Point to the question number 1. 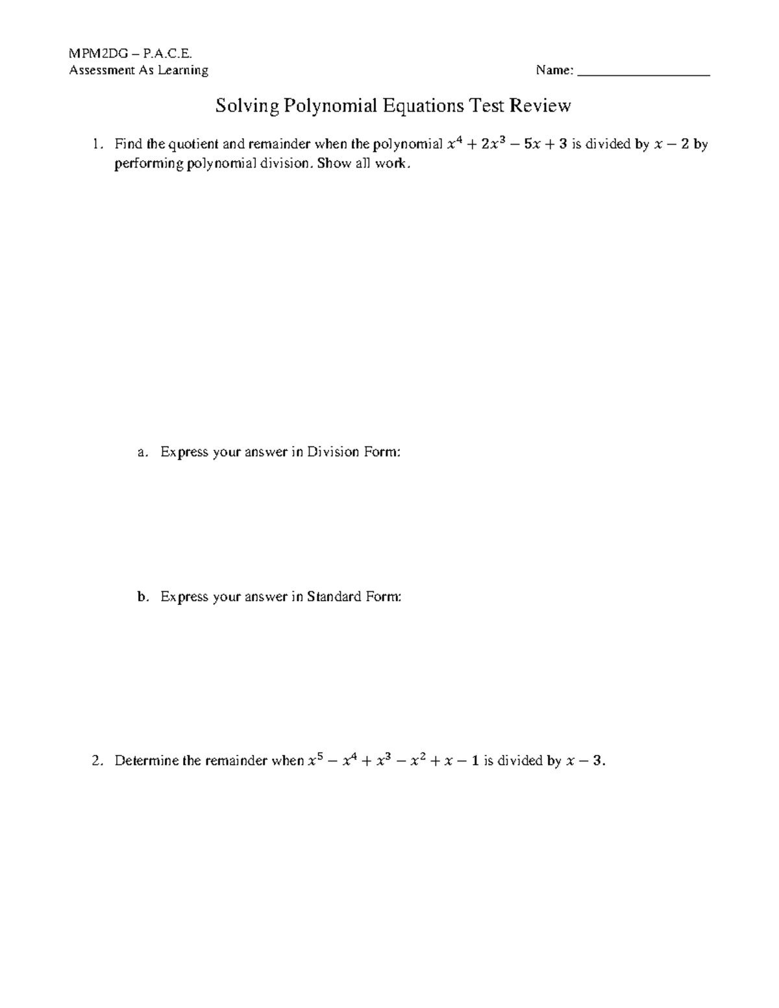tap(97, 144)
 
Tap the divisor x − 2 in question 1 tap(671, 144)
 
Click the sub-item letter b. tap(143, 596)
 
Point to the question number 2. tap(97, 761)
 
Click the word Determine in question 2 tap(147, 761)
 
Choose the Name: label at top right tap(554, 70)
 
